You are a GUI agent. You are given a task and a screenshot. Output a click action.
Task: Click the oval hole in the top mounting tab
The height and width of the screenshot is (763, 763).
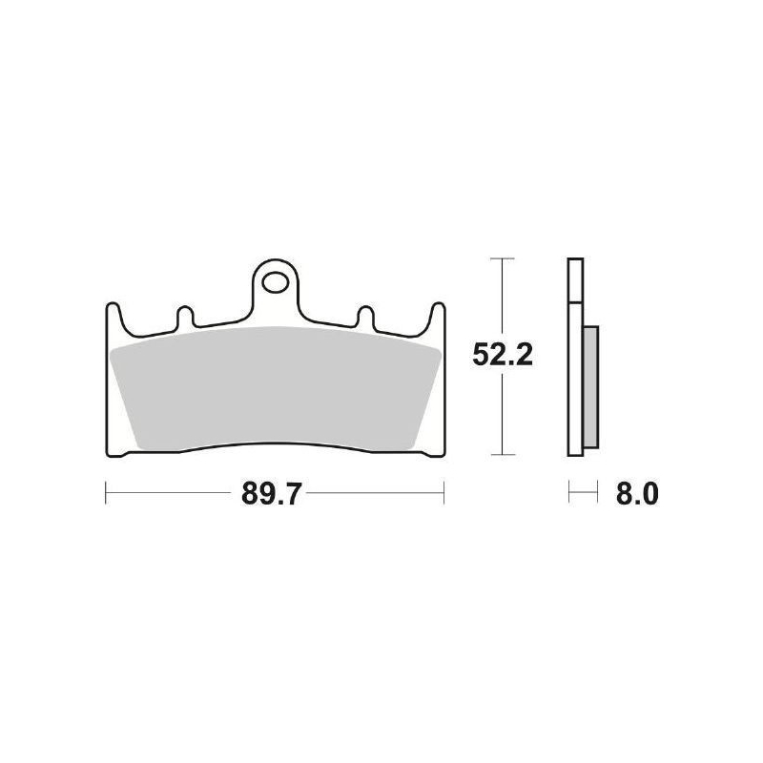tap(278, 282)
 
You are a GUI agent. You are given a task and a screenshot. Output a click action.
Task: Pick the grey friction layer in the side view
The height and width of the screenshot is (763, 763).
tap(590, 386)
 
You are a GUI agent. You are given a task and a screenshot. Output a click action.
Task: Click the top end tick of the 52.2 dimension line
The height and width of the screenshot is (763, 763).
tap(502, 259)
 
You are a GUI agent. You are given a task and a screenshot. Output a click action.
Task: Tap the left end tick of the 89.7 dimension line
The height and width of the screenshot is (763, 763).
tap(104, 494)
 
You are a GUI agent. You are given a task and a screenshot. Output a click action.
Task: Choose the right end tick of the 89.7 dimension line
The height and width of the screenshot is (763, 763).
tap(444, 494)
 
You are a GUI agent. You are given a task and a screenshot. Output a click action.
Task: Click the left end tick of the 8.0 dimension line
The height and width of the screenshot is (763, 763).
tap(569, 494)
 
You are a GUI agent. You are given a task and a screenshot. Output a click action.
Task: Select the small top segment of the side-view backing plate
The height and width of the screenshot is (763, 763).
tap(573, 280)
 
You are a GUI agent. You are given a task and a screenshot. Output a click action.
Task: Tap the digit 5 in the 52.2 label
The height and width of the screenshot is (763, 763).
tap(483, 355)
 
